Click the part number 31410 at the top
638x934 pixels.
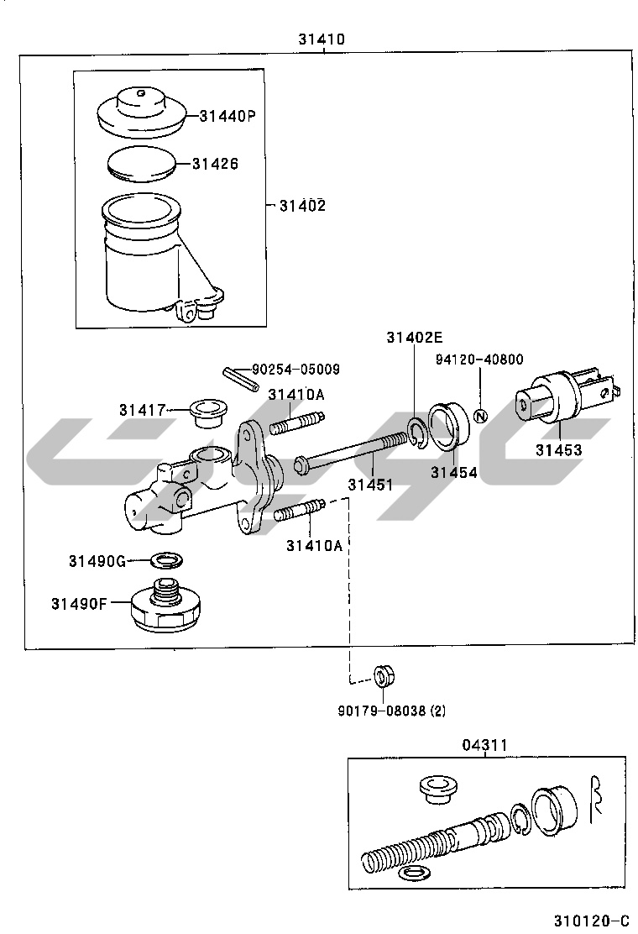tap(322, 39)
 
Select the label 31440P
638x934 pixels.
tap(227, 116)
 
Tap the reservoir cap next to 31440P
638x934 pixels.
tap(142, 112)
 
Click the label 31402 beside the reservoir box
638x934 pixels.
tap(303, 206)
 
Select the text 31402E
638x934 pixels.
tap(414, 337)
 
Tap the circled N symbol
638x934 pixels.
tap(481, 417)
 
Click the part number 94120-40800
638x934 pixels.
tap(479, 359)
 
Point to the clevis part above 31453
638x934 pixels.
tap(567, 396)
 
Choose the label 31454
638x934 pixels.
tap(453, 472)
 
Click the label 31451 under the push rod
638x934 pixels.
tap(371, 485)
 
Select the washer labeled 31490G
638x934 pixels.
tap(167, 560)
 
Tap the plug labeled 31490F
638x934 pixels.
tap(165, 604)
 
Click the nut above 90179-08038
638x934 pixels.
tap(384, 677)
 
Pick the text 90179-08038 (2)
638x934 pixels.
tap(391, 711)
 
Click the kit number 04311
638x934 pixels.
tap(485, 745)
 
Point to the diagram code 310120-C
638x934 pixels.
tap(591, 921)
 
